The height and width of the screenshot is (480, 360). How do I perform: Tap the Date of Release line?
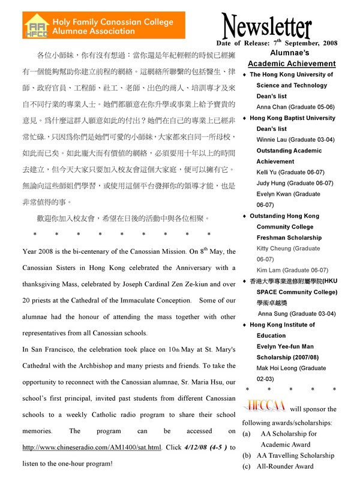277,43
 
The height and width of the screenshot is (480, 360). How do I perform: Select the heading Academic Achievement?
292,64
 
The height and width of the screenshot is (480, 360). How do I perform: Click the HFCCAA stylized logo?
264,408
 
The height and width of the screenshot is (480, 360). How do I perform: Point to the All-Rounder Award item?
285,466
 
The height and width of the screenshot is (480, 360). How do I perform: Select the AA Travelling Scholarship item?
294,455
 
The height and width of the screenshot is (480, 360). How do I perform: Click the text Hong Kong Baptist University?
292,118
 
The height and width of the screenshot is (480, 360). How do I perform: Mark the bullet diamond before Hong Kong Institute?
244,325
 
